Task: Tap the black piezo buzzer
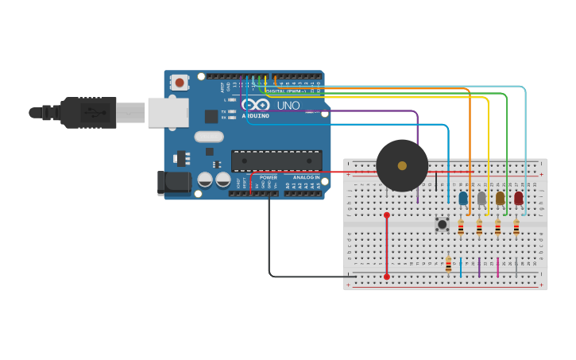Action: click(402, 166)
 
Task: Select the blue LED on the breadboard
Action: click(463, 198)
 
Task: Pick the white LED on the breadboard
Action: click(481, 198)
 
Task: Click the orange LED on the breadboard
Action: click(500, 198)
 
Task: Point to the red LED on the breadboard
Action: click(518, 198)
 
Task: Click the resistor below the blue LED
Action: click(461, 227)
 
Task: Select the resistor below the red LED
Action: click(516, 227)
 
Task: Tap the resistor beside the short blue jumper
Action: click(448, 265)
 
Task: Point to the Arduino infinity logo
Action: click(256, 105)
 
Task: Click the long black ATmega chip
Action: click(276, 161)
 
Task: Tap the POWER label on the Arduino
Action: click(269, 177)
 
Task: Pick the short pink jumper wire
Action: click(498, 267)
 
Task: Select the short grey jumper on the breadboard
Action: click(516, 267)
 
